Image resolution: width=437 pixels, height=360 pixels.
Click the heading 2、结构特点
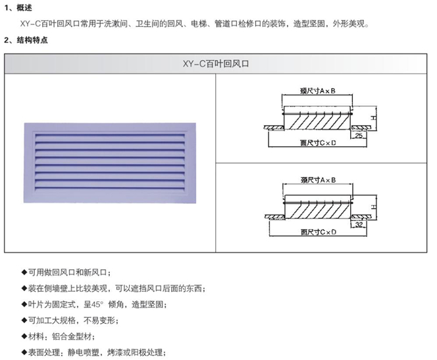[x=31, y=39]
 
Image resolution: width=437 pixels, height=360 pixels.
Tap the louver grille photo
[x=109, y=162]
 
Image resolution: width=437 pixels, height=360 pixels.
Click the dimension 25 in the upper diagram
[x=359, y=136]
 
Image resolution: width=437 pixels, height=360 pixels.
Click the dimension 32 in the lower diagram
[x=358, y=224]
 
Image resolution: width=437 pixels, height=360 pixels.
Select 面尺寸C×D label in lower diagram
[x=318, y=232]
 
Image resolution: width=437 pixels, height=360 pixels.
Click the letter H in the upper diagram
[x=373, y=118]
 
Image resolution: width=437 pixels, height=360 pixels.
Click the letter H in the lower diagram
[x=373, y=206]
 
